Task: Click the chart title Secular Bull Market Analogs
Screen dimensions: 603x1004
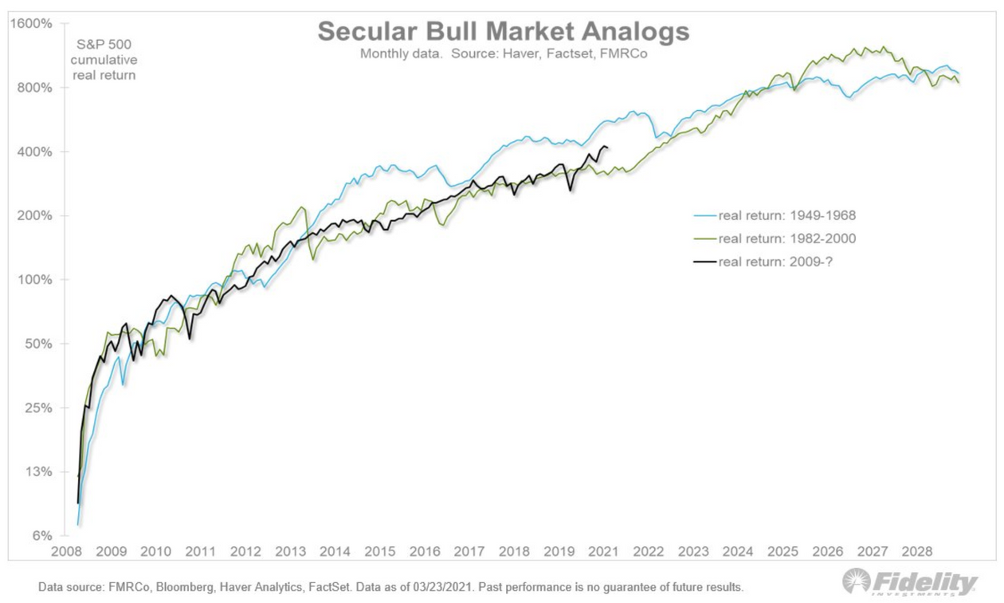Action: [x=503, y=32]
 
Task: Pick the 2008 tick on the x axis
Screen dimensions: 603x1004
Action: [x=66, y=551]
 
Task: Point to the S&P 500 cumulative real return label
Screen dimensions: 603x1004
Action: [x=105, y=59]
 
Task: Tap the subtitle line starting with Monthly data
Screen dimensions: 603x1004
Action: [x=503, y=54]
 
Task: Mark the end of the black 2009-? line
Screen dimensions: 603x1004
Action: [x=608, y=148]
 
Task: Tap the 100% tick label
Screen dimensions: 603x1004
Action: [x=35, y=279]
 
